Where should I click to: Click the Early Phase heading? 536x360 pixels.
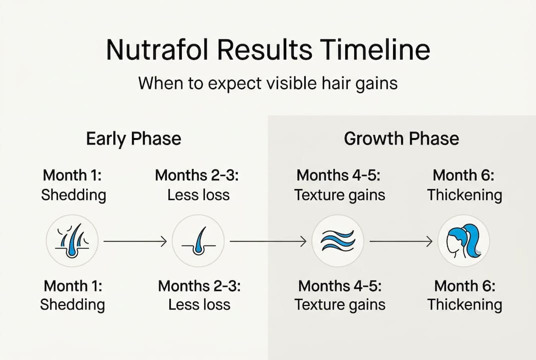pos(133,138)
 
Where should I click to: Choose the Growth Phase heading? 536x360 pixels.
pos(401,138)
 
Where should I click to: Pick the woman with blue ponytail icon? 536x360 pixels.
pos(464,241)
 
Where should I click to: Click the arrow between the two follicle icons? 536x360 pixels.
pos(135,242)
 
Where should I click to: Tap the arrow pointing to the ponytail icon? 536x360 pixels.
pos(401,242)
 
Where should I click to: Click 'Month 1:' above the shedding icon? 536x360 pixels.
pos(72,175)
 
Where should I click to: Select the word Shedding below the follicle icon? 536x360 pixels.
pos(72,304)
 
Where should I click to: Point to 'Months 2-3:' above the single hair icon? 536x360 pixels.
pos(198,175)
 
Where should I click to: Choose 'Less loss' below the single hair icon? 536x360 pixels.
pos(199,304)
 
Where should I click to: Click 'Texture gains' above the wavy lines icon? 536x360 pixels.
pos(340,194)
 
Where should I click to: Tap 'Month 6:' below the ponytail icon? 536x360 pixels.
pos(465,286)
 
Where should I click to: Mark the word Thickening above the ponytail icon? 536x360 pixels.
pos(465,194)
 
